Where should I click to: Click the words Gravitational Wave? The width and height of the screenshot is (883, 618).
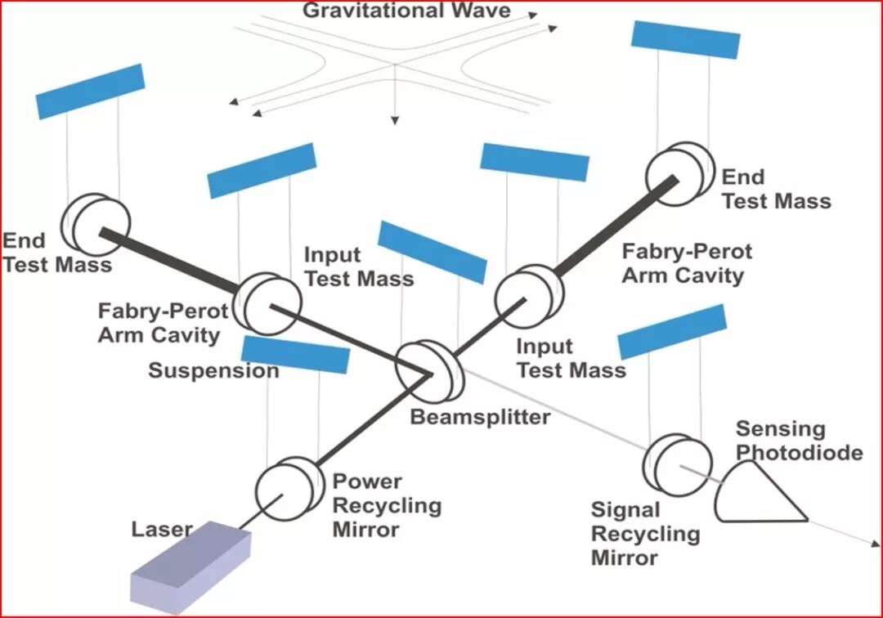[x=406, y=11]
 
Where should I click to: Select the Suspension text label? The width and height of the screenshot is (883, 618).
[x=213, y=370]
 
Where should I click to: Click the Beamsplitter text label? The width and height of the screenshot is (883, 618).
[x=480, y=417]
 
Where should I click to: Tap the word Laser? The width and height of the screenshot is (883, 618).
[x=162, y=530]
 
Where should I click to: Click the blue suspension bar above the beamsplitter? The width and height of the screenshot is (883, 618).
[x=432, y=251]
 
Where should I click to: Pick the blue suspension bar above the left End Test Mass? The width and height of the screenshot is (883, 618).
[x=90, y=91]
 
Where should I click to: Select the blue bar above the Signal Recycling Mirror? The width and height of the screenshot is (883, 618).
[x=672, y=331]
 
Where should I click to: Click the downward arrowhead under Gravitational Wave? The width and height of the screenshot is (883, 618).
[x=396, y=119]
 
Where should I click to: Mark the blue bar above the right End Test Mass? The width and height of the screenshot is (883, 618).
[x=686, y=39]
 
